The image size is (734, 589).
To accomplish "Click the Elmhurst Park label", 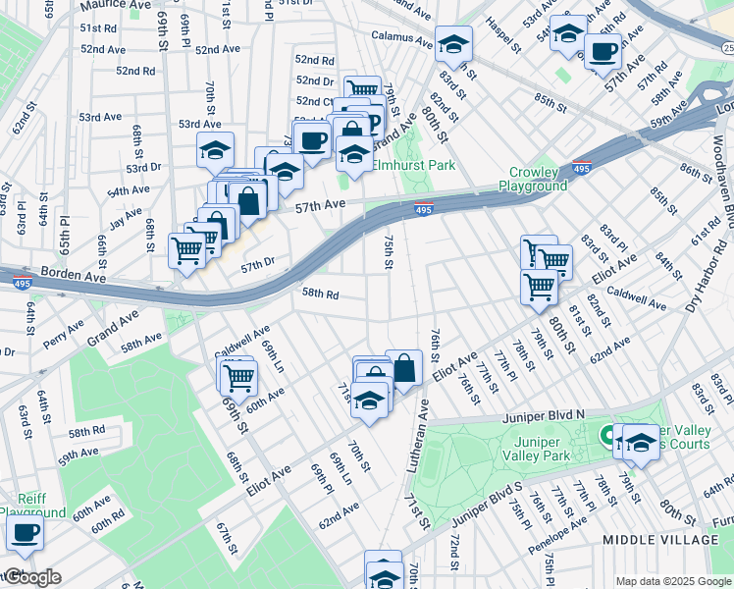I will (x=414, y=166).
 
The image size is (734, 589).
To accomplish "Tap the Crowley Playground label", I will (x=532, y=179).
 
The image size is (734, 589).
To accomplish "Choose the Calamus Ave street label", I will (x=401, y=40).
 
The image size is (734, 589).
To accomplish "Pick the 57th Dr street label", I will (x=257, y=265).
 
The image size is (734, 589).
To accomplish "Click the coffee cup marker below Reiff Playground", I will (x=25, y=533).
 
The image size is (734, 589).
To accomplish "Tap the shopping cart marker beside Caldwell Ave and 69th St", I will (x=236, y=376).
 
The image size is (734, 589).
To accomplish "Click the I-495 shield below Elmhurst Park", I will (x=423, y=209).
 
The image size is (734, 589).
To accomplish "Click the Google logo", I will (x=31, y=577).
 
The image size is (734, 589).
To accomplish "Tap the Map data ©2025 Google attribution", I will (x=672, y=580).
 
